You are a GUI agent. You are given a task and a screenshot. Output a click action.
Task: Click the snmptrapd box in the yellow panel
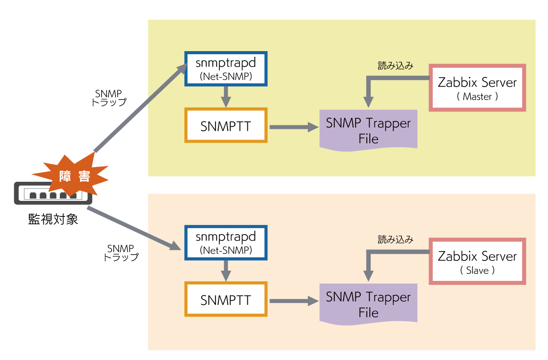tap(226, 68)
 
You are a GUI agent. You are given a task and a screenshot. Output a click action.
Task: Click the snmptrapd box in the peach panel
tap(226, 243)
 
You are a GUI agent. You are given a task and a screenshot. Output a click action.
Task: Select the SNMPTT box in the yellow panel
tap(226, 126)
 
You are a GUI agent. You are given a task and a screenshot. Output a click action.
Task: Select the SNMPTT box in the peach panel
tap(226, 300)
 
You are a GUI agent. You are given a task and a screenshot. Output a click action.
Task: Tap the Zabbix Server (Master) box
tap(477, 88)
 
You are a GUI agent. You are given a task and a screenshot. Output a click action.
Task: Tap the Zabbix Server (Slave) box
tap(477, 261)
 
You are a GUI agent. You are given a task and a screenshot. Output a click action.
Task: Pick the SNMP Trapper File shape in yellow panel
tap(368, 130)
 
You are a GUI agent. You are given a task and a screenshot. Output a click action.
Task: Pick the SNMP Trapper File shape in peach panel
tap(368, 304)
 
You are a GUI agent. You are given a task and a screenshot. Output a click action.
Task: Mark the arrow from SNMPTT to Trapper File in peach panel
tap(293, 301)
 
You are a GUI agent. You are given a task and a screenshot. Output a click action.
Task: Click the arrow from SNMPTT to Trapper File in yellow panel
tap(293, 127)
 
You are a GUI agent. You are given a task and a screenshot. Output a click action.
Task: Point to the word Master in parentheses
tap(477, 96)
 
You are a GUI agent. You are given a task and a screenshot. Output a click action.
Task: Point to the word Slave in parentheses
tap(477, 270)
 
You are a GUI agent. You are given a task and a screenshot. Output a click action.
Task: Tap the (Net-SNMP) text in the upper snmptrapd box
tap(226, 76)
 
